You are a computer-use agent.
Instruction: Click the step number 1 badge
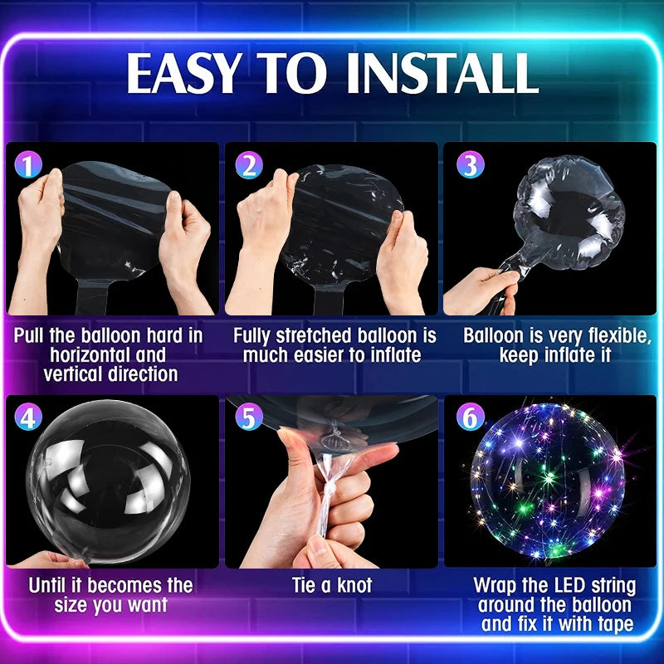pos(28,164)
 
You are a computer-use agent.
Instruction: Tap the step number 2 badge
pos(248,164)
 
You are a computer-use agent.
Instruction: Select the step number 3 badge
pos(470,164)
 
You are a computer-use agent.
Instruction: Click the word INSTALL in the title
pos(442,73)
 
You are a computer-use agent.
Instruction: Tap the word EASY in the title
pos(181,73)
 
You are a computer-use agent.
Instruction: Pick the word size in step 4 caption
pos(71,605)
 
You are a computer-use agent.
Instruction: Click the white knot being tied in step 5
pos(328,492)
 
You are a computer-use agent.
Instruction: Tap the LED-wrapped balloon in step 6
pos(548,481)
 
